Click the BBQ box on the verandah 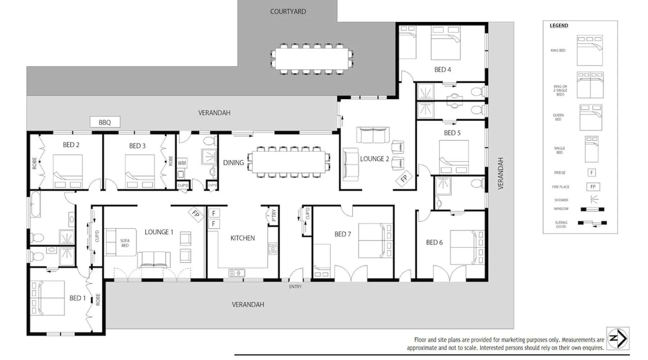[105, 122]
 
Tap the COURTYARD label [288, 12]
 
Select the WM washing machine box [182, 163]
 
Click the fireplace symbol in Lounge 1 [195, 214]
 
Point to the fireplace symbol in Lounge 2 [404, 178]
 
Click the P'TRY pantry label [274, 215]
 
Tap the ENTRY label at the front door [295, 287]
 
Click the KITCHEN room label [243, 238]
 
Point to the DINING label [233, 163]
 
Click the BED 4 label [442, 69]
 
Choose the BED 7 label [343, 234]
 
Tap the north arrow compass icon [618, 338]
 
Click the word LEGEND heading [559, 26]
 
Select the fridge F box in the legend [591, 173]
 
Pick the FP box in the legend [593, 187]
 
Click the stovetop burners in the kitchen [273, 248]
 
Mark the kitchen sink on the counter [237, 273]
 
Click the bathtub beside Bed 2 [35, 204]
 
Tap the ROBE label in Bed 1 [98, 300]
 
